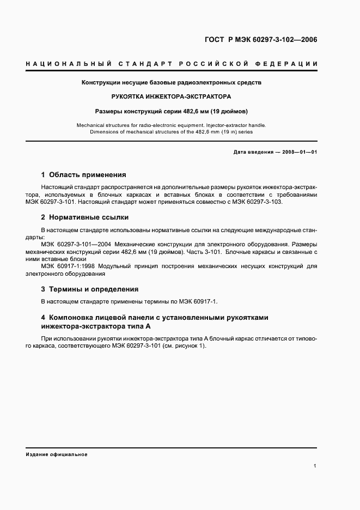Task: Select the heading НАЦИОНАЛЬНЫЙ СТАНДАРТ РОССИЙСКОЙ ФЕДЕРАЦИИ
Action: coord(172,64)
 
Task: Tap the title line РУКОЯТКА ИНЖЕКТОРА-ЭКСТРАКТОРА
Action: coord(171,97)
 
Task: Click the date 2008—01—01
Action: coord(299,152)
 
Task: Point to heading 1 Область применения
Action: coord(83,175)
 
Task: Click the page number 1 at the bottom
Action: coord(315,466)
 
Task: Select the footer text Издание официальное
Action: coord(57,454)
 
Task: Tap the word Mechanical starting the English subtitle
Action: coord(93,125)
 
